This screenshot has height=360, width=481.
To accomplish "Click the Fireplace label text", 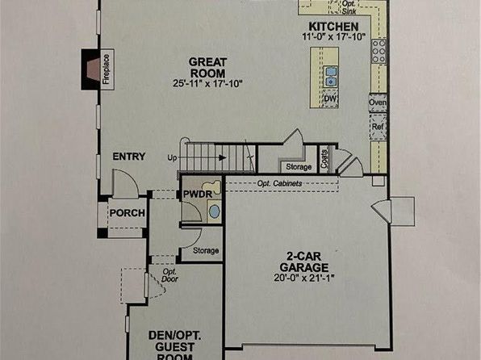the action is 107,69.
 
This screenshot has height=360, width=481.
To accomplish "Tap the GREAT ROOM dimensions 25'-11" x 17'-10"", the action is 207,83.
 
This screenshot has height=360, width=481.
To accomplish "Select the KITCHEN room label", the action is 333,27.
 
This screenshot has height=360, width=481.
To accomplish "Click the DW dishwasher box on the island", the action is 330,98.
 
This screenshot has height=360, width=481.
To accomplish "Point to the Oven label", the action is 378,103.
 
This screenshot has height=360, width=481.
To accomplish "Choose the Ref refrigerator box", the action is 378,127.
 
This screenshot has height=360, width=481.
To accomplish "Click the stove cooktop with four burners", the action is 379,51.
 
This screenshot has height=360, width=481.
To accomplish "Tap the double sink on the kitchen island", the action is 331,77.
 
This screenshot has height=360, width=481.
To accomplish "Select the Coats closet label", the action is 324,159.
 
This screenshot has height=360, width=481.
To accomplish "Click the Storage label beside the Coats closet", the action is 299,167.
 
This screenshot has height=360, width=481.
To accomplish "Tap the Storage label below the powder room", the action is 206,251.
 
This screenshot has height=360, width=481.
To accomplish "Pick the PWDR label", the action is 198,195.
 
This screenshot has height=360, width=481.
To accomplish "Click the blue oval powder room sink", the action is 215,211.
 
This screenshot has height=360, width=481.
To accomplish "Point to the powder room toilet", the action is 211,186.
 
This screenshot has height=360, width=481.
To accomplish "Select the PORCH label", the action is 127,213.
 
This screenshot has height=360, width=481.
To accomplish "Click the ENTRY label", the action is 129,157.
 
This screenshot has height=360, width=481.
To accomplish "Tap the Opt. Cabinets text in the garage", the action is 279,183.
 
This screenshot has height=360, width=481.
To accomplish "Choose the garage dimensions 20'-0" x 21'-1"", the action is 303,278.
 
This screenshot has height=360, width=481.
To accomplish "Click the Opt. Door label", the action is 169,275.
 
